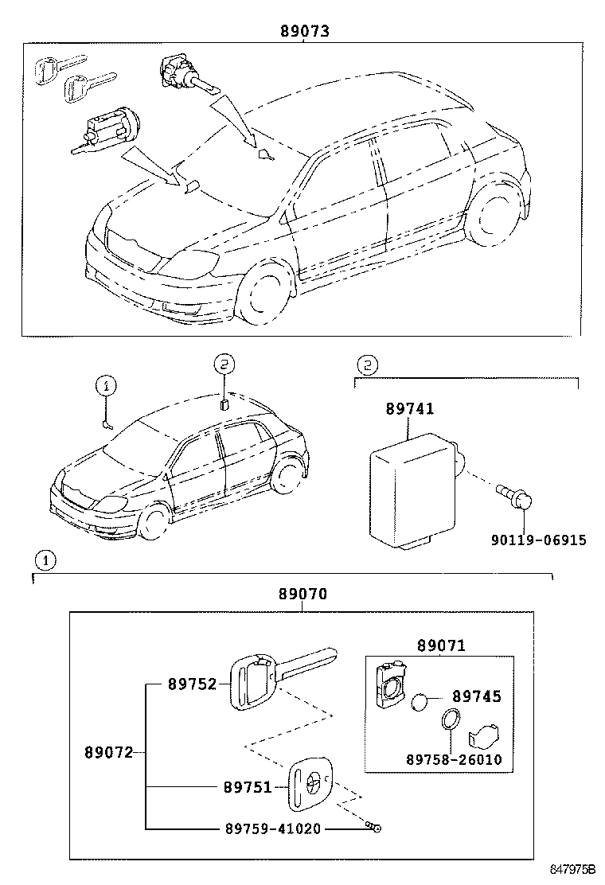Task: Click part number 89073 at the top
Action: pyautogui.click(x=304, y=31)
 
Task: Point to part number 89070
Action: pyautogui.click(x=302, y=594)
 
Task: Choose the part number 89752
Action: pyautogui.click(x=192, y=684)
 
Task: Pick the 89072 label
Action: pyautogui.click(x=109, y=752)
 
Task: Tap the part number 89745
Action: pyautogui.click(x=477, y=697)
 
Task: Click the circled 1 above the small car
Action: pyautogui.click(x=107, y=386)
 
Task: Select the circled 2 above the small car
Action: pyautogui.click(x=224, y=365)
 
